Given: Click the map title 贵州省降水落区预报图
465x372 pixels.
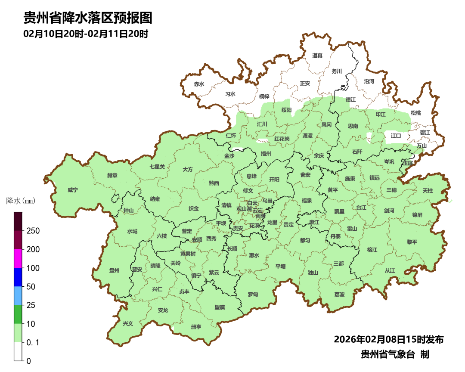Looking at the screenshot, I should (88, 18).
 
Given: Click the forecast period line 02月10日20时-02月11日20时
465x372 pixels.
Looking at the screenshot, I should (86, 34).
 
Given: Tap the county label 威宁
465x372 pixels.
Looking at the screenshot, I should (73, 190).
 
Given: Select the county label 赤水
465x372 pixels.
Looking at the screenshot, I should (199, 84).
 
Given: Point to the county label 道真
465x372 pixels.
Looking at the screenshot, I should (317, 55).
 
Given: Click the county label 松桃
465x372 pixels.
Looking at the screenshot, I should (415, 113).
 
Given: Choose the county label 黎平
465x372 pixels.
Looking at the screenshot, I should (412, 242).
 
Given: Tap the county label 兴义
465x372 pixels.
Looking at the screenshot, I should (128, 323).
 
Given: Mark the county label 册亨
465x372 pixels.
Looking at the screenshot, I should (196, 327).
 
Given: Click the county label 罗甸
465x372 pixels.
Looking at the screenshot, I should (253, 294).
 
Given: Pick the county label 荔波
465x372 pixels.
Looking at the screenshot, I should (339, 294).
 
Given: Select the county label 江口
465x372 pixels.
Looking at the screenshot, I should (396, 136).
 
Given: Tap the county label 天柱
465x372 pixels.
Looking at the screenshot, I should (428, 190).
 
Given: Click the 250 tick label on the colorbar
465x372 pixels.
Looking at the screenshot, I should (33, 231).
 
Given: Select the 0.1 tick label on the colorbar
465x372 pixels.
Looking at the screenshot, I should (33, 343).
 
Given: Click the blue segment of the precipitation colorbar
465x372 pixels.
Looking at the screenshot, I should (18, 277).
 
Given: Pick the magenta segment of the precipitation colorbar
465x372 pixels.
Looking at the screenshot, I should (18, 258).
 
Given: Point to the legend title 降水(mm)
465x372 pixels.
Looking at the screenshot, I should (21, 201).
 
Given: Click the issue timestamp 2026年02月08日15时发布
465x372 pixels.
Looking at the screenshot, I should (389, 340).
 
